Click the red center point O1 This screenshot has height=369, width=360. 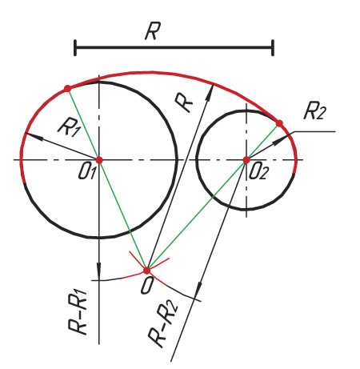tap(99, 160)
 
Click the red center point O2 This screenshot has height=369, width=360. tap(246, 160)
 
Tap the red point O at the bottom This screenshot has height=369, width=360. tap(146, 271)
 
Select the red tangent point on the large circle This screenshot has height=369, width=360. tap(67, 88)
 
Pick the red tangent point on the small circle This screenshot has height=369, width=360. tap(279, 123)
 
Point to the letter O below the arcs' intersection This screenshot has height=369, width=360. tap(147, 286)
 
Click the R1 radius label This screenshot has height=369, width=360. tap(69, 127)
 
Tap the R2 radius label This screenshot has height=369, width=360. tap(314, 112)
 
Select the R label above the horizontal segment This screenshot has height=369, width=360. tap(153, 31)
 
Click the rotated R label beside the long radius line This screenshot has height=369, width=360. tap(183, 102)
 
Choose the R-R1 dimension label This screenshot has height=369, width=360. tap(78, 311)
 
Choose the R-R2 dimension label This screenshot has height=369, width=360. tap(162, 324)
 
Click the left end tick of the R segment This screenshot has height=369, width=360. tap(75, 48)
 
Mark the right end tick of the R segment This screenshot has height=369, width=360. tap(273, 48)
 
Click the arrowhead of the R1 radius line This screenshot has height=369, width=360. tap(34, 136)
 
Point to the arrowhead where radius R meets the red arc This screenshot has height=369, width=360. tap(210, 92)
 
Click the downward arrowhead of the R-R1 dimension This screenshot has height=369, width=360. tap(99, 271)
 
